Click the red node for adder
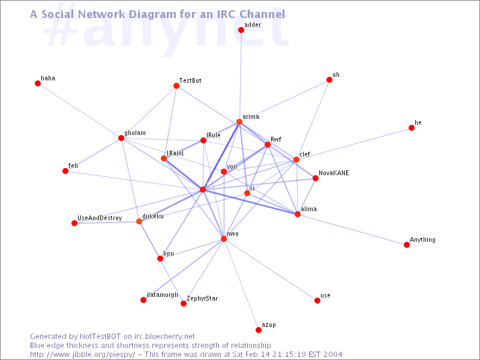click(241, 30)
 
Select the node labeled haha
click(38, 83)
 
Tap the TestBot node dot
click(176, 86)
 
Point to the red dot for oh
click(329, 80)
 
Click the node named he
click(412, 128)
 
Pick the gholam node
click(121, 138)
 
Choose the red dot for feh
click(65, 171)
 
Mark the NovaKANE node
click(316, 178)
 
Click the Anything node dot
click(407, 245)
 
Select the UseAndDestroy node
click(74, 223)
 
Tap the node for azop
click(259, 330)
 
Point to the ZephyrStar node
click(184, 304)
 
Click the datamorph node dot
click(143, 300)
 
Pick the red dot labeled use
click(317, 301)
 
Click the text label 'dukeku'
click(153, 216)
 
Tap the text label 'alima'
click(308, 209)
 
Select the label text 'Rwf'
click(276, 139)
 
